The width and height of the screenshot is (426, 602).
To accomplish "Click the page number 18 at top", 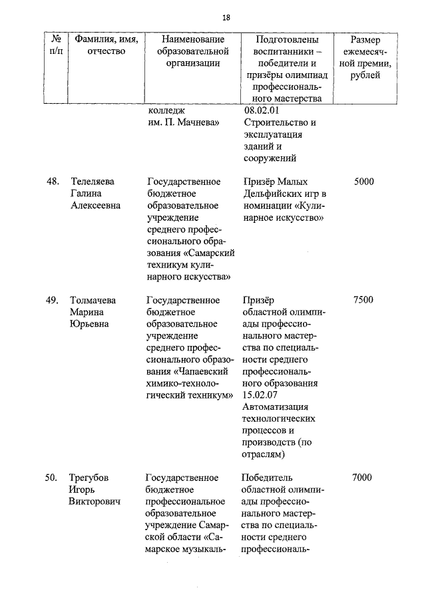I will coord(226,17).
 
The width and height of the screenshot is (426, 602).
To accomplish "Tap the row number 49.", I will coord(52,300).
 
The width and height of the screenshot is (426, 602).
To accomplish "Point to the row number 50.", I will coord(52,478).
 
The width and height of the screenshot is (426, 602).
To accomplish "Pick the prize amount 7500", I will coord(364,300).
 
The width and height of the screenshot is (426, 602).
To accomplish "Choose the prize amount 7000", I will coord(364,478).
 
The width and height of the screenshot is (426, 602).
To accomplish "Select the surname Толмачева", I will coord(93,300).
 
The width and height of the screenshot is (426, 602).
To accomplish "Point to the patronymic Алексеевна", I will coord(96,206).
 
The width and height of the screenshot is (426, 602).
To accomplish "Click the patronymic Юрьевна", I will coord(90,324).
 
